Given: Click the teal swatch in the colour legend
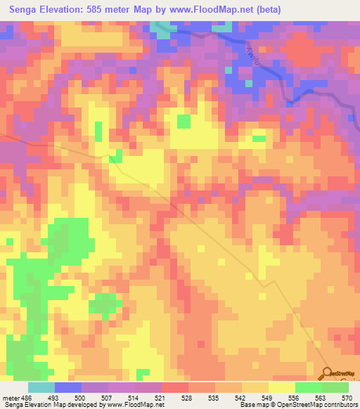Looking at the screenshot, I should [41, 388].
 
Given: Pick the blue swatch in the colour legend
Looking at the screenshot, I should [68, 388].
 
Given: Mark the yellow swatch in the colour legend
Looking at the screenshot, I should [281, 388].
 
